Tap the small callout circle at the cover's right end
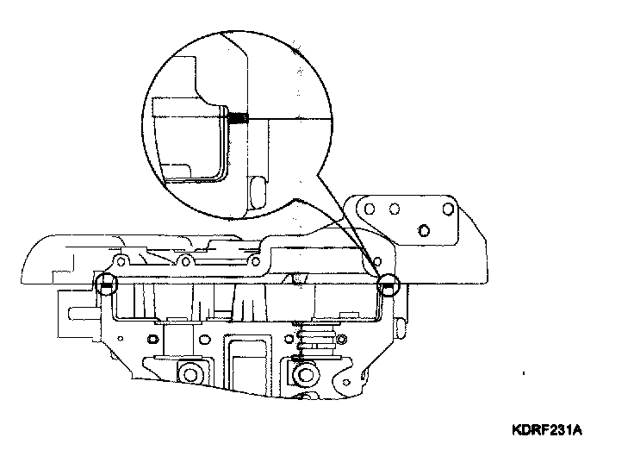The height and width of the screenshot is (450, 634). pos(388,284)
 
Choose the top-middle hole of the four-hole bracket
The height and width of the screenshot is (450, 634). pos(393,209)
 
